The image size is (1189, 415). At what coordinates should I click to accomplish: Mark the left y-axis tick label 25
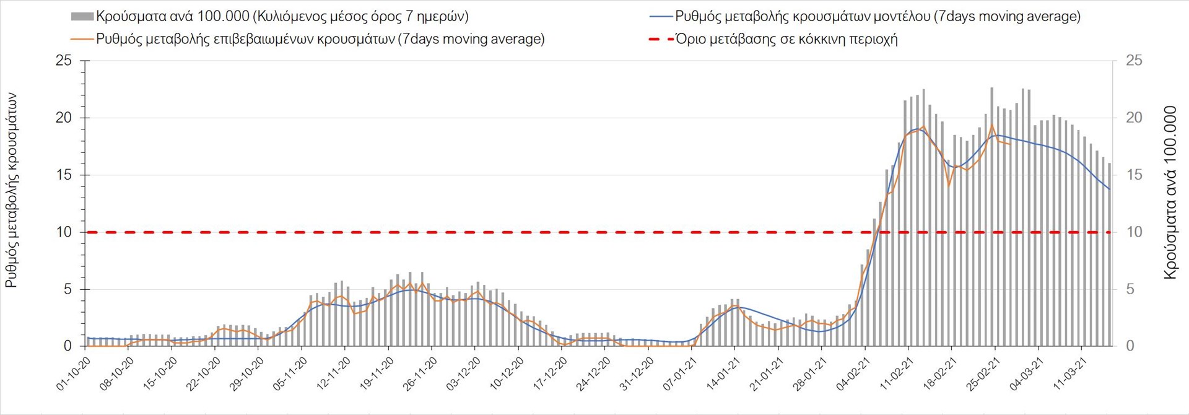click(64, 61)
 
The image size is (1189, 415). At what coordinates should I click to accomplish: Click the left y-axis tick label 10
click(64, 232)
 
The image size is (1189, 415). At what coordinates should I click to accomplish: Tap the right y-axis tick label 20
click(1134, 118)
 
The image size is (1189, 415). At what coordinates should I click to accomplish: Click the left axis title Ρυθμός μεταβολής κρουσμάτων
click(11, 190)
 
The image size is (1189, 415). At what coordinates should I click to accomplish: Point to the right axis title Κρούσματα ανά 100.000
click(1170, 193)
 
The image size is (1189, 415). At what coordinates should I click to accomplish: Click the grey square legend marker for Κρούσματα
click(82, 16)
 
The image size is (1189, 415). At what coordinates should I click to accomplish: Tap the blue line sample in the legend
click(660, 16)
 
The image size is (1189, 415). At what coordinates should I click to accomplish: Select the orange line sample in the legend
click(82, 39)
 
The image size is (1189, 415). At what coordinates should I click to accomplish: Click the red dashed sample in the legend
click(660, 39)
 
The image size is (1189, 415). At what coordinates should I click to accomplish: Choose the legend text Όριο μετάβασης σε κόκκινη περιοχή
click(786, 39)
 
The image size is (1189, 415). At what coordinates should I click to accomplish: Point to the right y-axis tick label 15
click(1134, 175)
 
